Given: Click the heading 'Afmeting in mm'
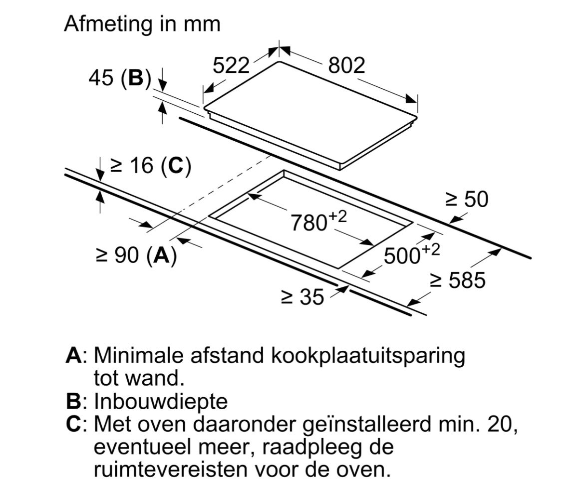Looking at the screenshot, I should (142, 24).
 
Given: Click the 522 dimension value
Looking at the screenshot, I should (231, 65).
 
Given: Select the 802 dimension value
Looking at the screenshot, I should (346, 65).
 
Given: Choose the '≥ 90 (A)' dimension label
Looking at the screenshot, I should (136, 255).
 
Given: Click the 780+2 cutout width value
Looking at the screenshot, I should (318, 222).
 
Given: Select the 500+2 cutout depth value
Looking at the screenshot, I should (411, 254).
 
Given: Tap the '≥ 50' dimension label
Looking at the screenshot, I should (467, 200).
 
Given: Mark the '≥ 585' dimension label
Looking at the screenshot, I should (458, 280).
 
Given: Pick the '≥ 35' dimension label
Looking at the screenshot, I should (302, 297).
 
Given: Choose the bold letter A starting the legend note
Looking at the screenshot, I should (73, 356).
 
